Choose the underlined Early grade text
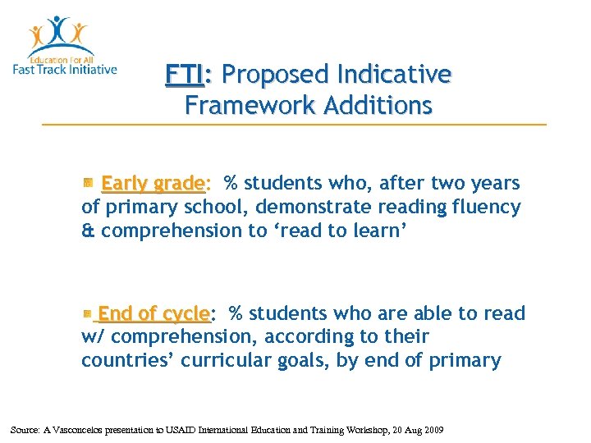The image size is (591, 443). pyautogui.click(x=153, y=183)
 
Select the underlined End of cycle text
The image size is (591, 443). pyautogui.click(x=153, y=313)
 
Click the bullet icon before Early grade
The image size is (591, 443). pyautogui.click(x=88, y=183)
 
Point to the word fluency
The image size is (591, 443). pyautogui.click(x=486, y=208)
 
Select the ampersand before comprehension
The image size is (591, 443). pyautogui.click(x=88, y=231)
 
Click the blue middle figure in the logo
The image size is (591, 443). pyautogui.click(x=59, y=31)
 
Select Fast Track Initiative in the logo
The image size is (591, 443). pyautogui.click(x=65, y=69)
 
